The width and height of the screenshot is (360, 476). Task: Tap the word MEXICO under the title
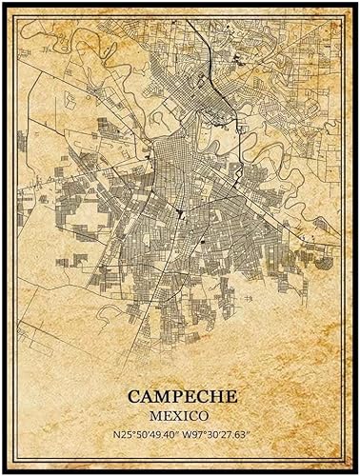click(180, 416)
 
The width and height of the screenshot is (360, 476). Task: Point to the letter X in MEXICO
click(175, 416)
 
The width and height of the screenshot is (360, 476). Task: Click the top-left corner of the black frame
click(4, 5)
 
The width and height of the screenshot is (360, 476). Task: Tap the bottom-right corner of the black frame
click(355, 471)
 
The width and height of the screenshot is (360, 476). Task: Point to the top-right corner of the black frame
click(355, 5)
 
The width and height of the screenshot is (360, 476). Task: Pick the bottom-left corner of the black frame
click(4, 471)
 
